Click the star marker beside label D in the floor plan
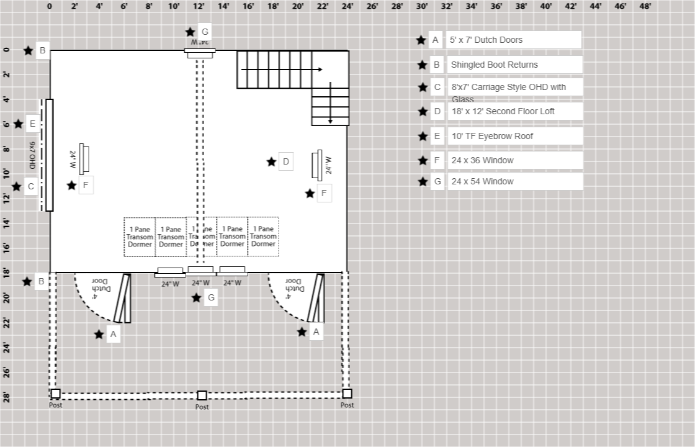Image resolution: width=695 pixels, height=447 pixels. pyautogui.click(x=271, y=162)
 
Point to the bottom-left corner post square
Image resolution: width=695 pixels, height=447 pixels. pyautogui.click(x=55, y=394)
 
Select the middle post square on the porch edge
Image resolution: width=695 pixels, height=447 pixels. pyautogui.click(x=202, y=395)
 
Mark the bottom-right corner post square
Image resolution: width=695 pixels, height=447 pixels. pyautogui.click(x=347, y=394)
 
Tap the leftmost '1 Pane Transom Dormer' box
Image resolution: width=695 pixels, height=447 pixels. pyautogui.click(x=140, y=237)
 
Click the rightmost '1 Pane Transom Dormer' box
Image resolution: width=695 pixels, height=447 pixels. pyautogui.click(x=263, y=237)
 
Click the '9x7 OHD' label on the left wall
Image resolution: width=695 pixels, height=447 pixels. pyautogui.click(x=32, y=155)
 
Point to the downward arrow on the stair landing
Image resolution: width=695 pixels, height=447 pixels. pyautogui.click(x=330, y=103)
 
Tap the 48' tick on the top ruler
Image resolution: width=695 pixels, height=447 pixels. pyautogui.click(x=645, y=6)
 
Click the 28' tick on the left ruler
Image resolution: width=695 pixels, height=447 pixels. pyautogui.click(x=7, y=397)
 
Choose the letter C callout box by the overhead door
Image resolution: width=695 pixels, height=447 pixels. pyautogui.click(x=30, y=186)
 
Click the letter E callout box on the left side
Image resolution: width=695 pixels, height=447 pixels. pyautogui.click(x=32, y=124)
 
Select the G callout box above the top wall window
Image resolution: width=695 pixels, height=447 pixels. pyautogui.click(x=205, y=32)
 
